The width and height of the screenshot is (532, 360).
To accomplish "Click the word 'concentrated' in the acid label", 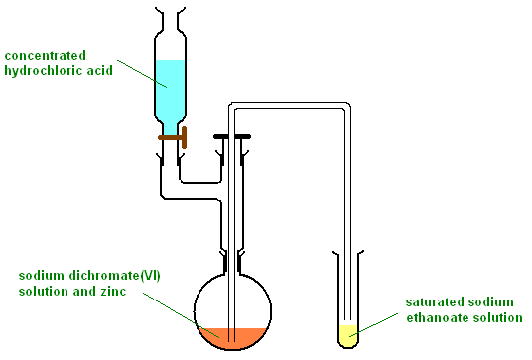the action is pyautogui.click(x=45, y=55).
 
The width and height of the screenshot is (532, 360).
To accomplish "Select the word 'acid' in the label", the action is pyautogui.click(x=99, y=70).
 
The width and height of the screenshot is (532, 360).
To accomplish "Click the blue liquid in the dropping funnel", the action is pyautogui.click(x=170, y=91).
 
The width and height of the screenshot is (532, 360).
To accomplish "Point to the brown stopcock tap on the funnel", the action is pyautogui.click(x=174, y=137).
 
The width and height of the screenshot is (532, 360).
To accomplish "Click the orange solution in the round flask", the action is pyautogui.click(x=232, y=338).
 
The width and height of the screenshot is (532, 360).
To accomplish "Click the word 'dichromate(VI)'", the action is pyautogui.click(x=115, y=276).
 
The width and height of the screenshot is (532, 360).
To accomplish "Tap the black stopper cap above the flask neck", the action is pyautogui.click(x=232, y=136).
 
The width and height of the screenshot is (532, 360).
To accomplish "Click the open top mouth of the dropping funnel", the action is pyautogui.click(x=171, y=10).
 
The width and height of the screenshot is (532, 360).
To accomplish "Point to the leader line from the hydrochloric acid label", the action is pyautogui.click(x=142, y=74).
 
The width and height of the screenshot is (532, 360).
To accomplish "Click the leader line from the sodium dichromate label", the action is pyautogui.click(x=181, y=315).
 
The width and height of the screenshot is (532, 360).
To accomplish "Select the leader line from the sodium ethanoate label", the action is pyautogui.click(x=374, y=324).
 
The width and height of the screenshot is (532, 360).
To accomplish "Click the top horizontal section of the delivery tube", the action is pyautogui.click(x=290, y=105).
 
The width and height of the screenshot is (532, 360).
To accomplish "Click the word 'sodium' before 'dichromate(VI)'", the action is pyautogui.click(x=42, y=276).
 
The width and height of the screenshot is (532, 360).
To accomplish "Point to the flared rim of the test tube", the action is pyautogui.click(x=348, y=253).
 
